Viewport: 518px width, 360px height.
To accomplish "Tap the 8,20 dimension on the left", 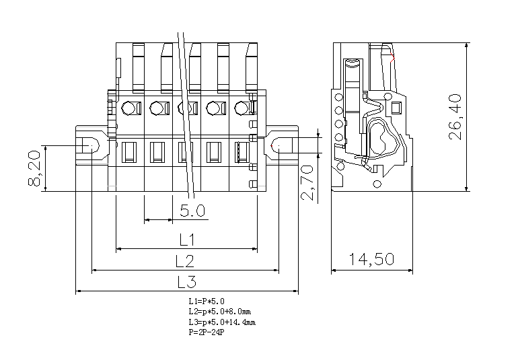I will pos(36,168).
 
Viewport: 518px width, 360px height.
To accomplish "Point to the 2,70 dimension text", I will pos(307,182).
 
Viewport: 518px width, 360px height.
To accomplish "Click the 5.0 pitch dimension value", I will pos(192,211).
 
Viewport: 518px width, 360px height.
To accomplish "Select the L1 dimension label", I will pos(187,240).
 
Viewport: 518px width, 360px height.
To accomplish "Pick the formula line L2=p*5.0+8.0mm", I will pos(220,312).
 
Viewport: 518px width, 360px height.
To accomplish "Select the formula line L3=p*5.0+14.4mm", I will pos(222,322).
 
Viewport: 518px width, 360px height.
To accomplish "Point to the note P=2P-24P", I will pos(207,332).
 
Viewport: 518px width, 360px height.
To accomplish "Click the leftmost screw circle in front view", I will pos(129,108).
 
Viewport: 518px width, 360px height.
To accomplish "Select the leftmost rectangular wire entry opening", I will pos(129,152).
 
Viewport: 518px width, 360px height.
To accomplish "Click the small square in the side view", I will pos(395,107).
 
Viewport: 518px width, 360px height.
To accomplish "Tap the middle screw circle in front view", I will pos(185,108).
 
